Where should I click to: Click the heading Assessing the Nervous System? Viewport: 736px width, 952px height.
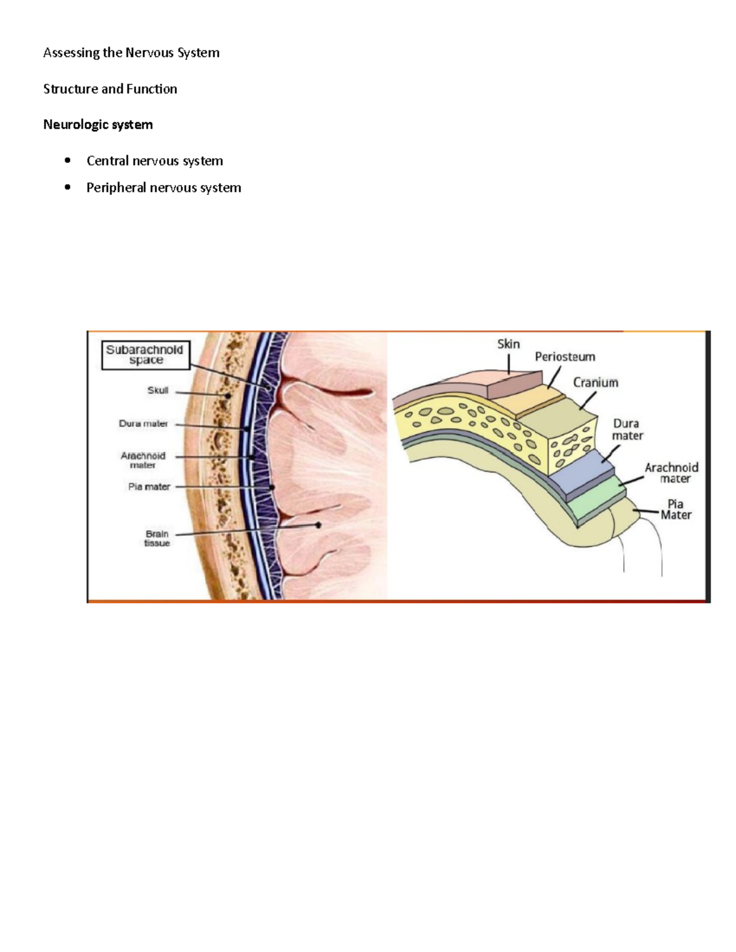tap(131, 53)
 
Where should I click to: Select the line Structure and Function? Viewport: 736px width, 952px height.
tap(110, 89)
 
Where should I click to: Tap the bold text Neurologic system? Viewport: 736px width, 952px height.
tap(98, 124)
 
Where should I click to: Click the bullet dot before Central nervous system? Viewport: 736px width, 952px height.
tap(67, 161)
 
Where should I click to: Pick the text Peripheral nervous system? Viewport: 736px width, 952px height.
tap(163, 188)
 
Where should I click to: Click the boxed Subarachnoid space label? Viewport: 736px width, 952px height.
tap(145, 355)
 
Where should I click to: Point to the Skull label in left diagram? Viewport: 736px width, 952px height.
tap(158, 390)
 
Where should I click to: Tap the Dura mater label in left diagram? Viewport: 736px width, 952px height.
tap(143, 424)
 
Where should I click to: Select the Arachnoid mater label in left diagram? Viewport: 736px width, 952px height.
tap(143, 460)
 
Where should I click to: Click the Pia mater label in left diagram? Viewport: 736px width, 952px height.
tap(148, 487)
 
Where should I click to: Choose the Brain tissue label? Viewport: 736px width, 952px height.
tap(157, 538)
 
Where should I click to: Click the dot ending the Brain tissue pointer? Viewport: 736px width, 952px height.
tap(318, 525)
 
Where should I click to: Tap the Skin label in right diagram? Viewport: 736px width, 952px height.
tap(508, 344)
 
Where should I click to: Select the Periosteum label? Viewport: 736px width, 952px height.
tap(565, 357)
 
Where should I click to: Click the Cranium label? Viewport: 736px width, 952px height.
tap(596, 383)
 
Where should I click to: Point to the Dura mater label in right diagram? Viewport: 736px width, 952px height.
tap(627, 429)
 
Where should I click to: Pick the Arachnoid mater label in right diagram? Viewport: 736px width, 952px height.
tap(672, 473)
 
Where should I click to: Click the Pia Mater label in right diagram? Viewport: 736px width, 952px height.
tap(675, 510)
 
